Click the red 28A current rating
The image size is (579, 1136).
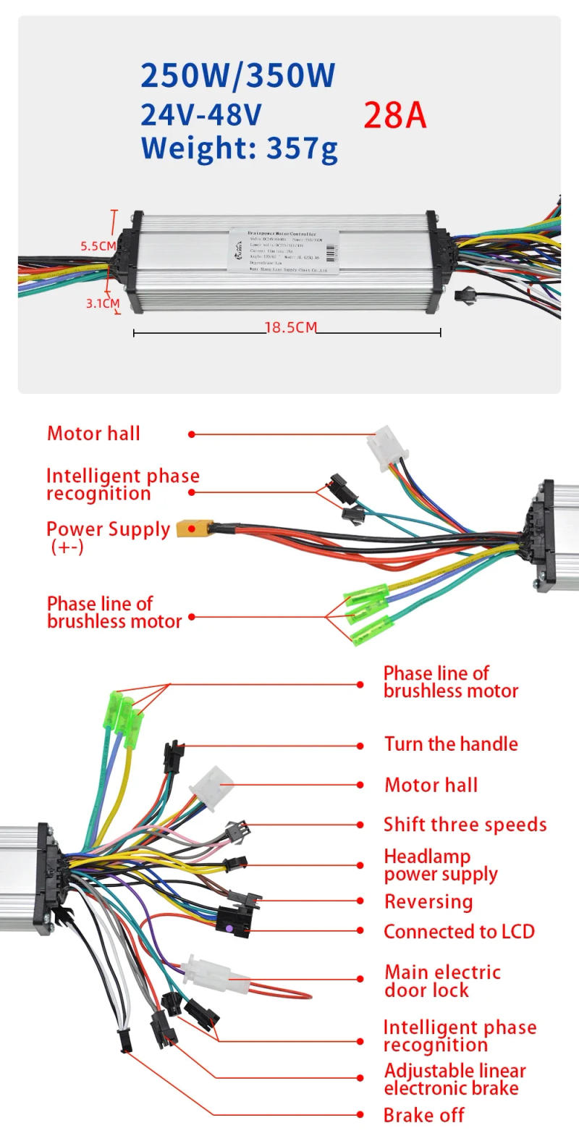pos(394,115)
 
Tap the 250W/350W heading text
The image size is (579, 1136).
pos(238,75)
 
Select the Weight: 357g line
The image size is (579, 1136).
pos(239,148)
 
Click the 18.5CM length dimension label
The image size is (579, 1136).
pos(290,327)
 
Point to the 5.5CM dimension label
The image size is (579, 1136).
pos(98,246)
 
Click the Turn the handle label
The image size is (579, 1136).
pos(451,744)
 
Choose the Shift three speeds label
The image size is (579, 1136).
pos(465,825)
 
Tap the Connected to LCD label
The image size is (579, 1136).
pos(459,932)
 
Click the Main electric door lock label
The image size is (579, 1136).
pos(442,981)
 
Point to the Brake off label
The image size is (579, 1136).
pos(423,1116)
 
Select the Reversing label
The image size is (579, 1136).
pos(428,902)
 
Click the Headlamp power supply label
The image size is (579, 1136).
pos(440,865)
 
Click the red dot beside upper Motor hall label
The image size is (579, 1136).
pos(192,434)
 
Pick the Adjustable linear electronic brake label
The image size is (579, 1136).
pos(455,1080)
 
